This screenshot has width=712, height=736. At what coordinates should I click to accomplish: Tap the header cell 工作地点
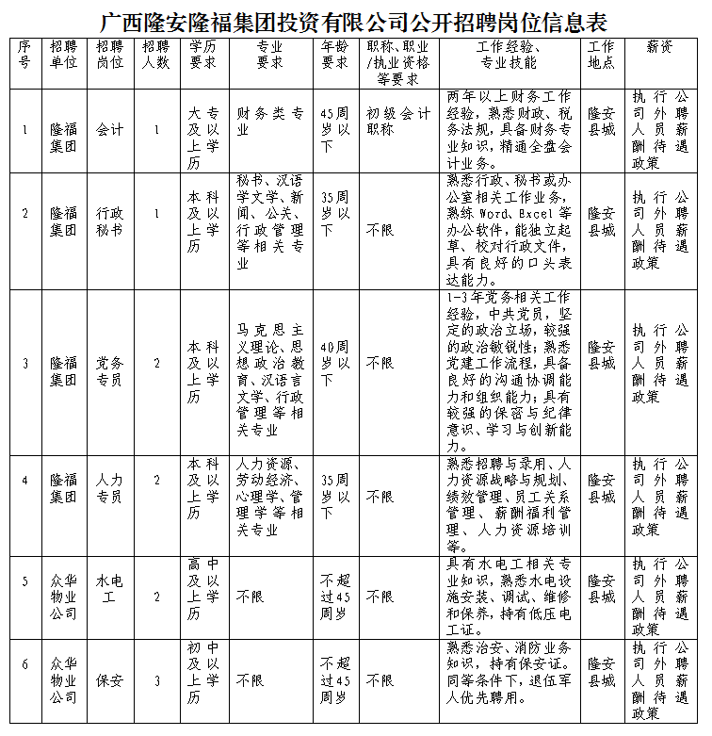pos(601,55)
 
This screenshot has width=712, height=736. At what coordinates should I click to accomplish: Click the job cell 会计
pos(109,130)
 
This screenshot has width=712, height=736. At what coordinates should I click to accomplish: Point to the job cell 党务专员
pos(109,372)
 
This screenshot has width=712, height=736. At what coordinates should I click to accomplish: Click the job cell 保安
pos(109,679)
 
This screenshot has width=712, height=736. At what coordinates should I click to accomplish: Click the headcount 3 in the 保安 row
pos(156,679)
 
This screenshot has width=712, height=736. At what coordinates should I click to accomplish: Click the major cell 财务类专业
pos(270,123)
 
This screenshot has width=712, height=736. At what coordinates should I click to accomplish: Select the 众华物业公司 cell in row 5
pos(63,597)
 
